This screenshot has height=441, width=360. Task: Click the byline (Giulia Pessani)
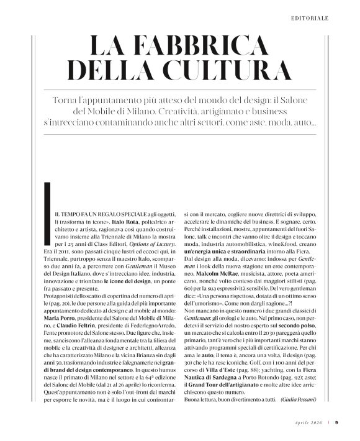tap(299, 401)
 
